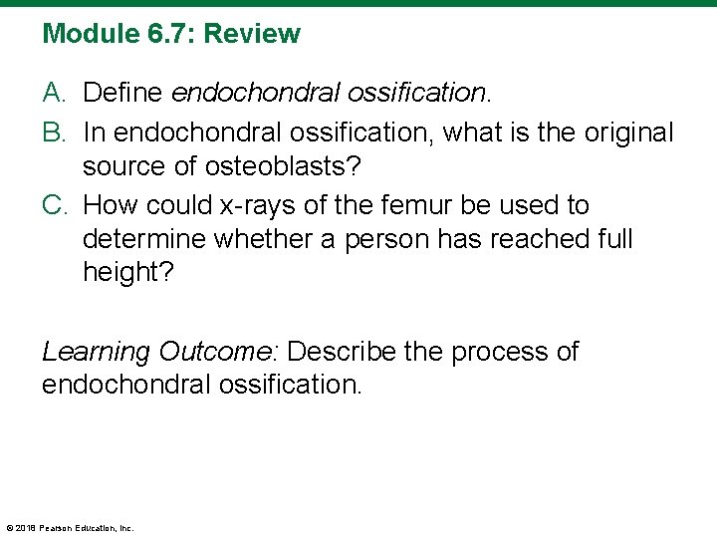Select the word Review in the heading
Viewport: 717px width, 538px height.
[252, 34]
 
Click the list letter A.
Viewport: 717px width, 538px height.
[53, 94]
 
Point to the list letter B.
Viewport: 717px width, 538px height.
[53, 132]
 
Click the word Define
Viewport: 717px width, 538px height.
[124, 94]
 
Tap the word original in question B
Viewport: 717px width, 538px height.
[622, 132]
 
